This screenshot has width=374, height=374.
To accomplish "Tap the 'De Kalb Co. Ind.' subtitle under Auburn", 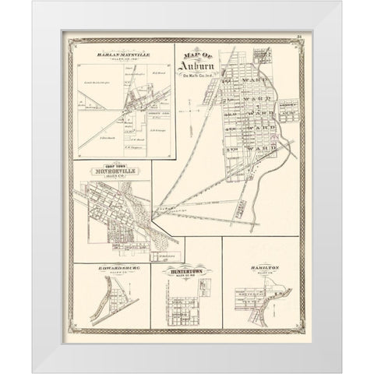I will tap(199, 75).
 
